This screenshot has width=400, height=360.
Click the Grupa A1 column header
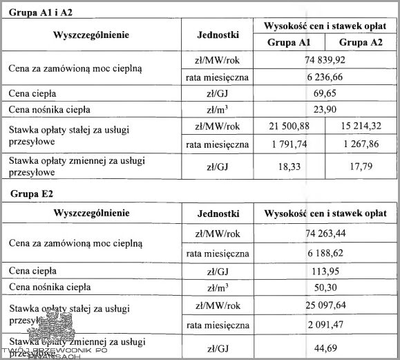tap(289, 43)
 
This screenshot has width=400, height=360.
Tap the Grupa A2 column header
tap(363, 43)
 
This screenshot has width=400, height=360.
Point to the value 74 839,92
tap(325, 60)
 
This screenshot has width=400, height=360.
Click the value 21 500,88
tap(288, 126)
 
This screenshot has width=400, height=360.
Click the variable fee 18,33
tap(288, 167)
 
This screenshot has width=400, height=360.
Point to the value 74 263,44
tap(325, 236)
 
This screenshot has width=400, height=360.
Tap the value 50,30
tap(325, 287)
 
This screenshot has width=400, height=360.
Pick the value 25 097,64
tap(325, 305)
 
